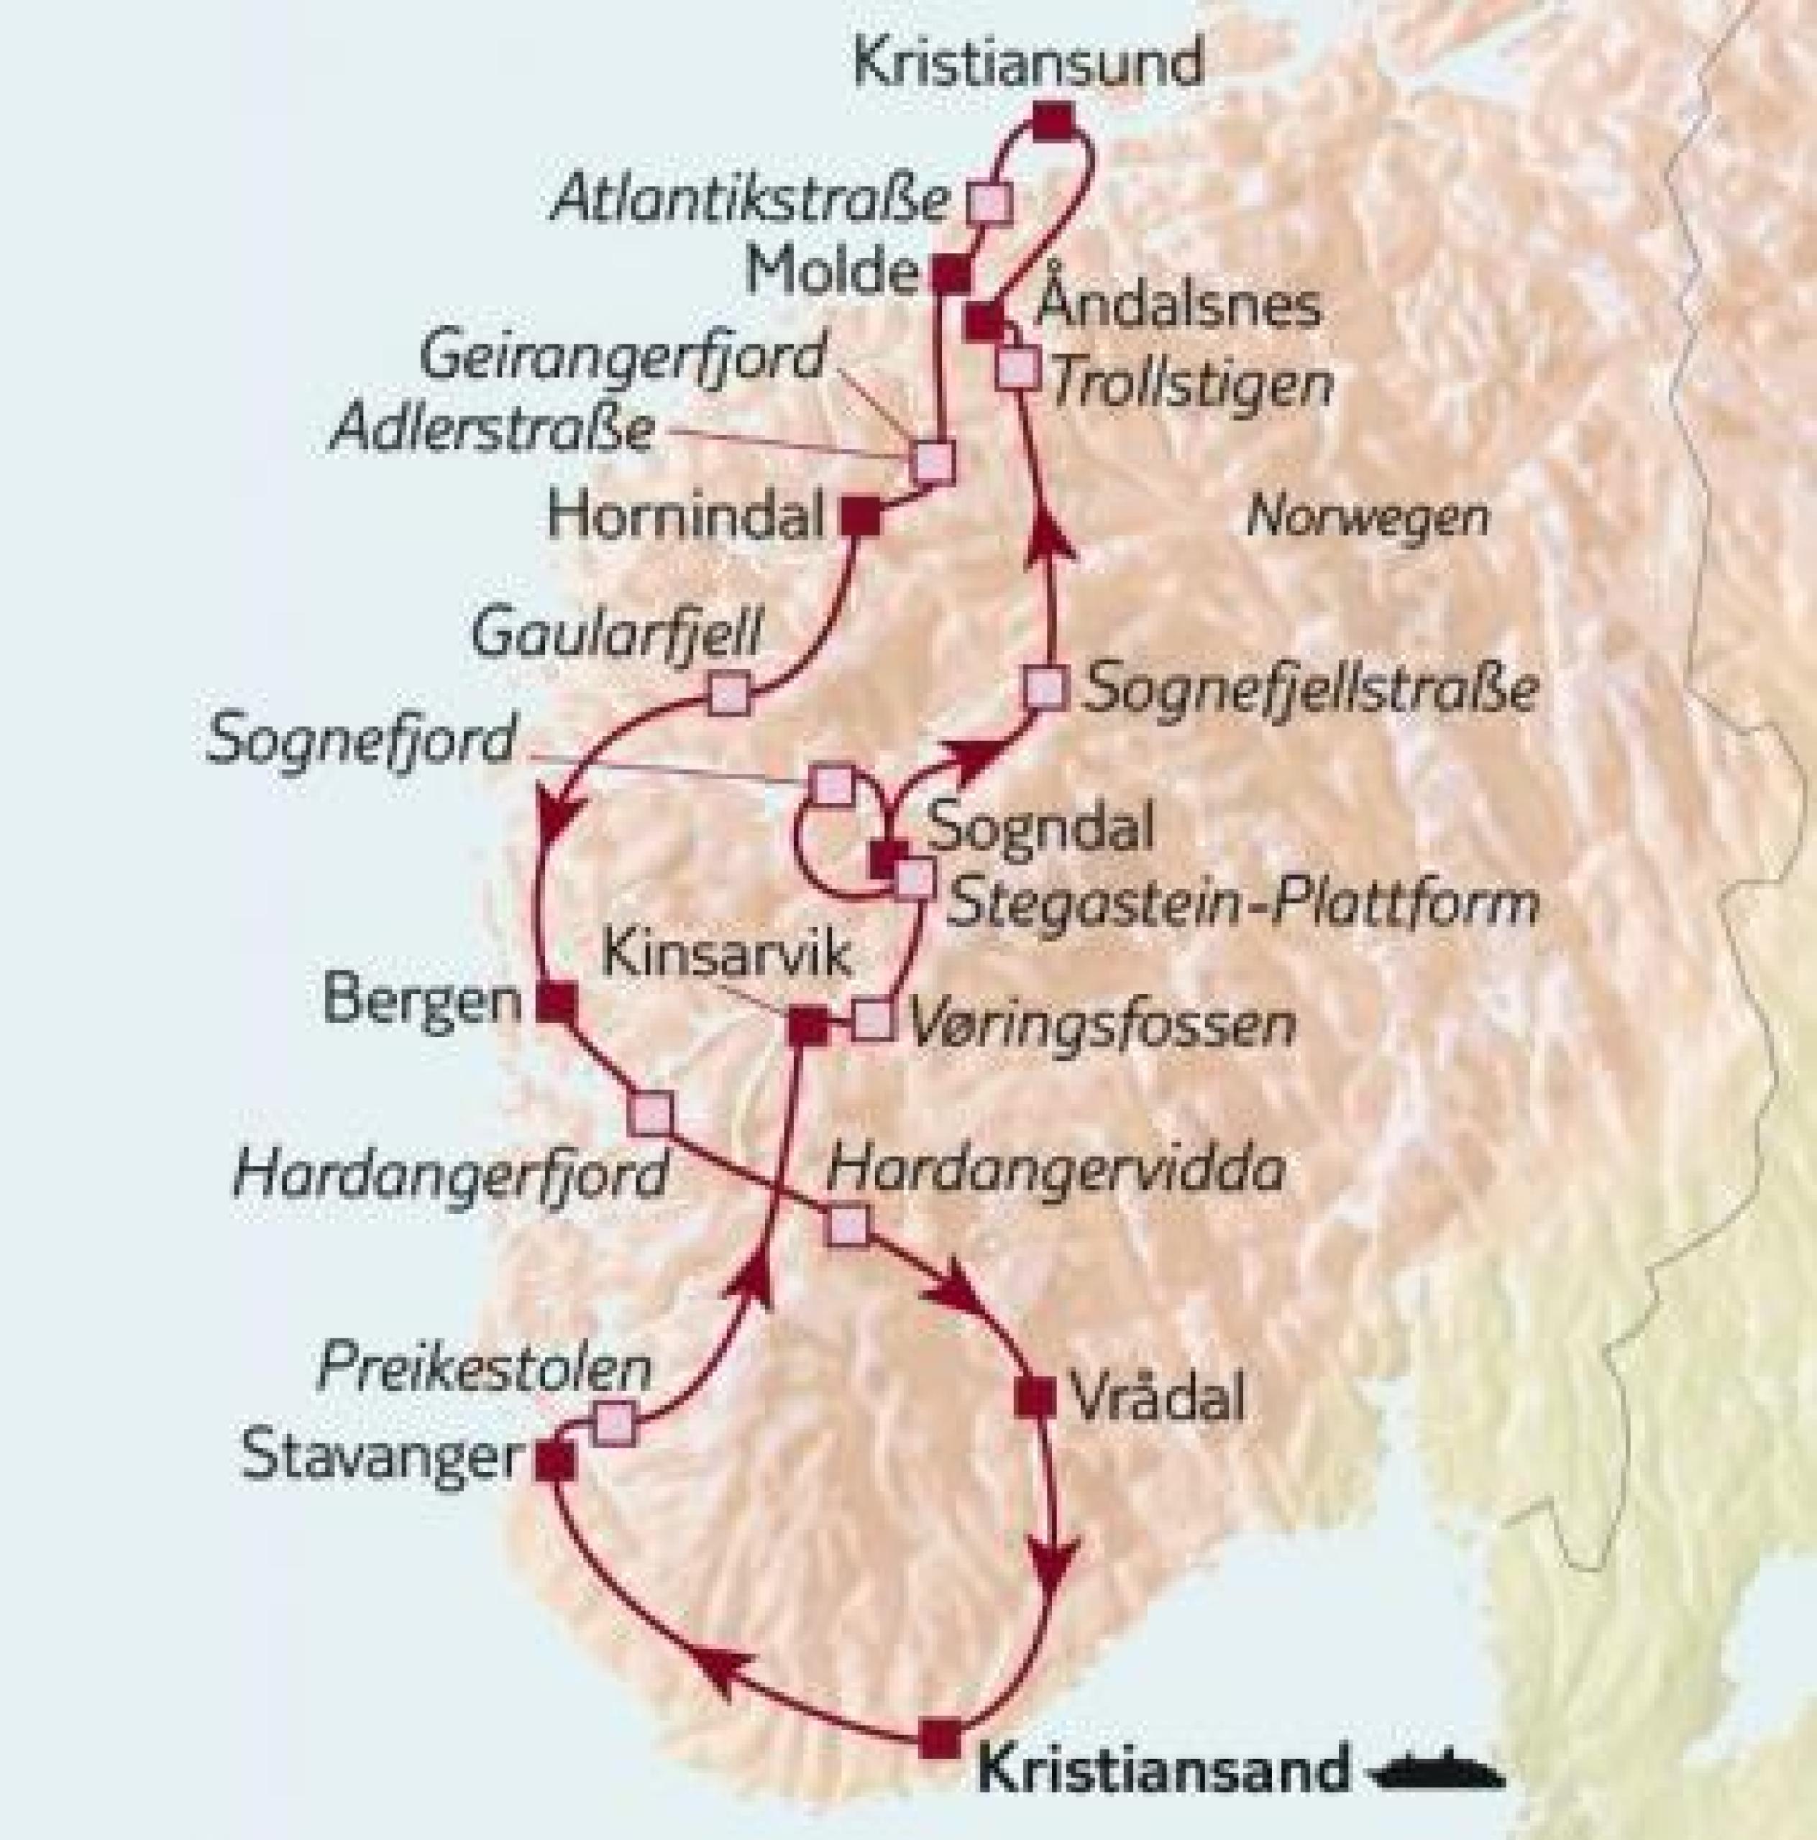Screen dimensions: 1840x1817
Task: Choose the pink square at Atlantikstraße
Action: (988, 202)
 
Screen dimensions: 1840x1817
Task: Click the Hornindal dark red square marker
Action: (861, 517)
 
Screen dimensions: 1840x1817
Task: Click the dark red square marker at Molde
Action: (950, 275)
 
